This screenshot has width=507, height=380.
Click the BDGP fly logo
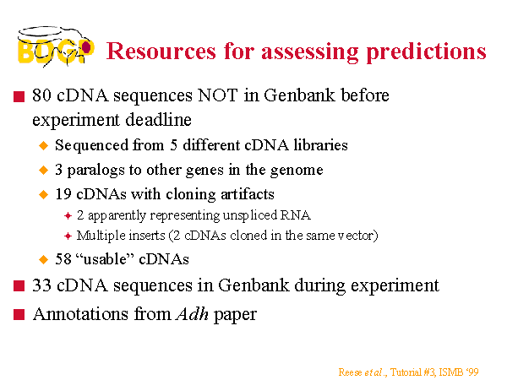pyautogui.click(x=56, y=46)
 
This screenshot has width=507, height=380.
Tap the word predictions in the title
pyautogui.click(x=426, y=52)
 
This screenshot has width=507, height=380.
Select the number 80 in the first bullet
pyautogui.click(x=41, y=95)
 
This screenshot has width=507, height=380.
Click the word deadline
pyautogui.click(x=159, y=120)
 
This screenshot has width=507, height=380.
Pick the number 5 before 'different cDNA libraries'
pyautogui.click(x=173, y=145)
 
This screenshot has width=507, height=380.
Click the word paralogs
pyautogui.click(x=95, y=171)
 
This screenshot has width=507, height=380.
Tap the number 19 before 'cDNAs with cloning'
pyautogui.click(x=63, y=194)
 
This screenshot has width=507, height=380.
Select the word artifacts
pyautogui.click(x=248, y=194)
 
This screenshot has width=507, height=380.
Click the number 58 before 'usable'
pyautogui.click(x=63, y=259)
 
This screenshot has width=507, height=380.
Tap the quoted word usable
pyautogui.click(x=105, y=259)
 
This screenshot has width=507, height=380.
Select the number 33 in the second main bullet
pyautogui.click(x=41, y=285)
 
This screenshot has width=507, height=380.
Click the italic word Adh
pyautogui.click(x=192, y=314)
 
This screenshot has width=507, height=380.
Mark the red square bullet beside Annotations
pyautogui.click(x=19, y=314)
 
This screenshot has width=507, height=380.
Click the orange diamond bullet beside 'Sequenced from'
pyautogui.click(x=43, y=145)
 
